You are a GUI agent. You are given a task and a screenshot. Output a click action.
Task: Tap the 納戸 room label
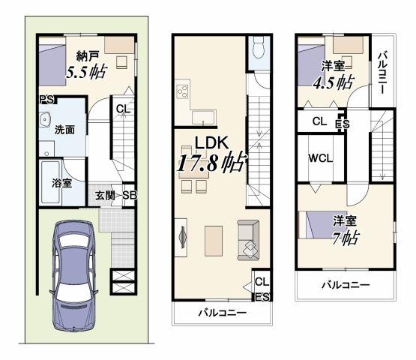coord(88,55)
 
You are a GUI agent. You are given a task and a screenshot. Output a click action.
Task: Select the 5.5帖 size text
coord(85,73)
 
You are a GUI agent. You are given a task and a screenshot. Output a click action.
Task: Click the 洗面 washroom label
coord(64,129)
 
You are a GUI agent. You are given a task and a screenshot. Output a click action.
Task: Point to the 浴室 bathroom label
coord(61,182)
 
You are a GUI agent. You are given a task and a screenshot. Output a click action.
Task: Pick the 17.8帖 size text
coord(211,163)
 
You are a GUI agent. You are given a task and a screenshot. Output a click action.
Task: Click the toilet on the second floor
coord(256,51)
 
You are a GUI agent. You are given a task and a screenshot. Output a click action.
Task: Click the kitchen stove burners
coord(182,94)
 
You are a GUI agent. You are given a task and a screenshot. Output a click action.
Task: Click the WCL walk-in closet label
coord(320,158)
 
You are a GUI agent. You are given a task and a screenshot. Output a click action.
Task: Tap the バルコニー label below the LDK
coord(223,313)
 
